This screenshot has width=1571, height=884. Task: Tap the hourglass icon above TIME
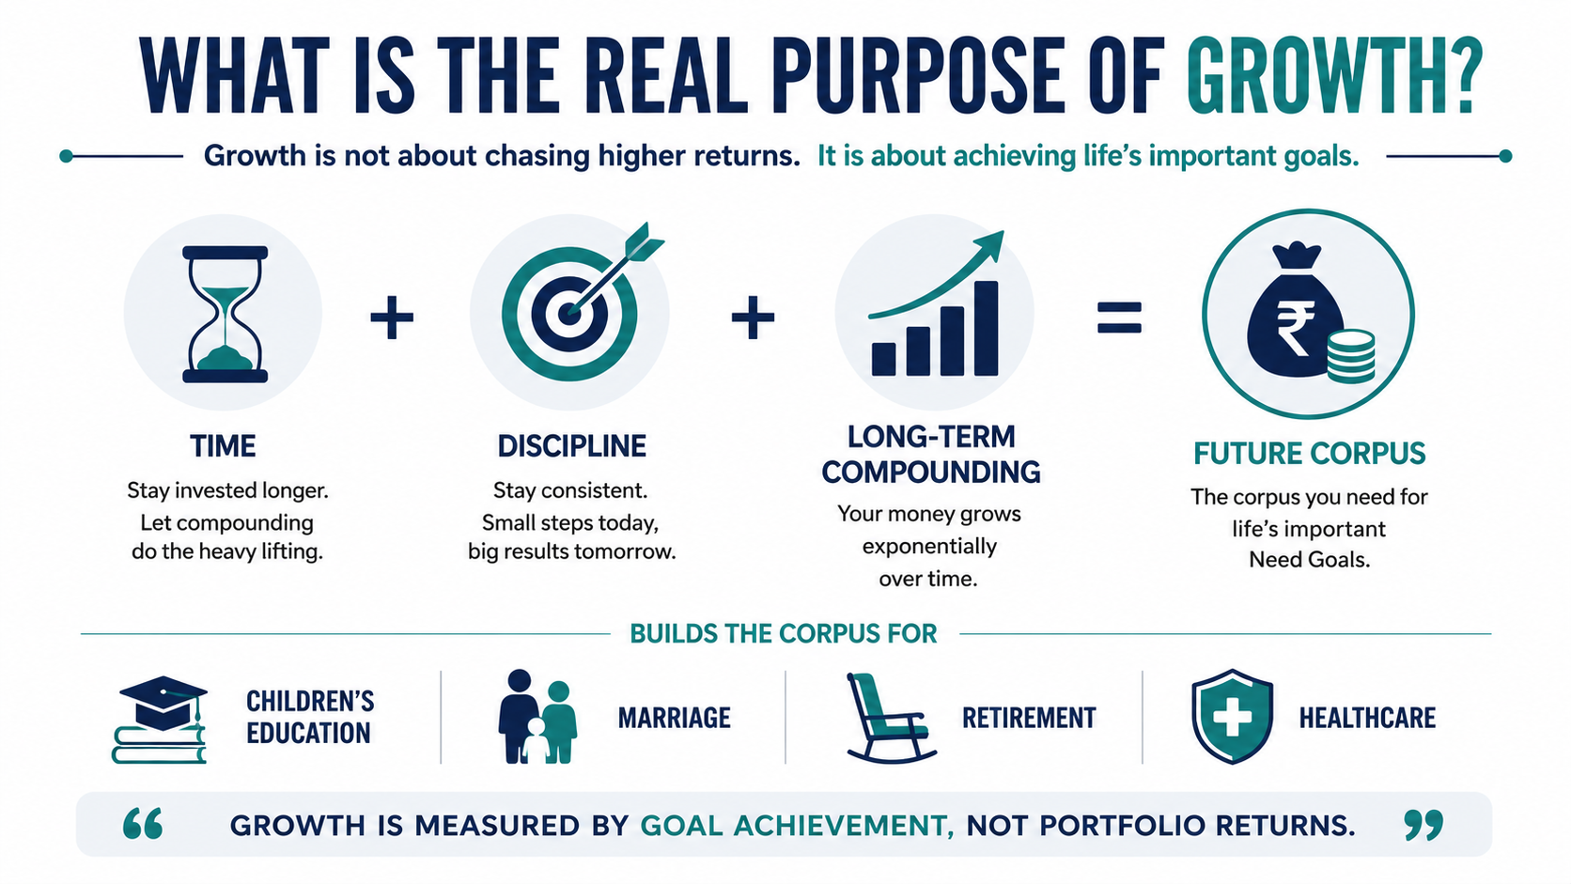pyautogui.click(x=225, y=314)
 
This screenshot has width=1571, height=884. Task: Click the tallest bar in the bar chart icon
pyautogui.click(x=986, y=328)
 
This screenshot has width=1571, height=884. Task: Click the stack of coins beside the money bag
pyautogui.click(x=1351, y=357)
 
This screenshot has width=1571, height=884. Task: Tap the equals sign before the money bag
pyautogui.click(x=1119, y=317)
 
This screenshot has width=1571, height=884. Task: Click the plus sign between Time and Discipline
pyautogui.click(x=392, y=318)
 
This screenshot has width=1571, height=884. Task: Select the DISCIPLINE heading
pyautogui.click(x=571, y=446)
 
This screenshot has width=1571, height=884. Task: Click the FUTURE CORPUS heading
pyautogui.click(x=1310, y=454)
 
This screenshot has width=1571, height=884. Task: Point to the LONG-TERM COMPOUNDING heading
pyautogui.click(x=931, y=455)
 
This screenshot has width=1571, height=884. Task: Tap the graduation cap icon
pyautogui.click(x=163, y=702)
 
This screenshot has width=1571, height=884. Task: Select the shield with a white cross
pyautogui.click(x=1232, y=716)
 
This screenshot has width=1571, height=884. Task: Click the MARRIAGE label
pyautogui.click(x=674, y=718)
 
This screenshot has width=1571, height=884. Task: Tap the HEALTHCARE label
pyautogui.click(x=1368, y=718)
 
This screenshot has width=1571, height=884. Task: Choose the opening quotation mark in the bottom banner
pyautogui.click(x=143, y=824)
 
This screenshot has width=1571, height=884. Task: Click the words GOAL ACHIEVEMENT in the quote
pyautogui.click(x=798, y=827)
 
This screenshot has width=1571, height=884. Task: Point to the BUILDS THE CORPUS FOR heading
pyautogui.click(x=784, y=634)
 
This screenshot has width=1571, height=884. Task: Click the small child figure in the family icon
pyautogui.click(x=537, y=740)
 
